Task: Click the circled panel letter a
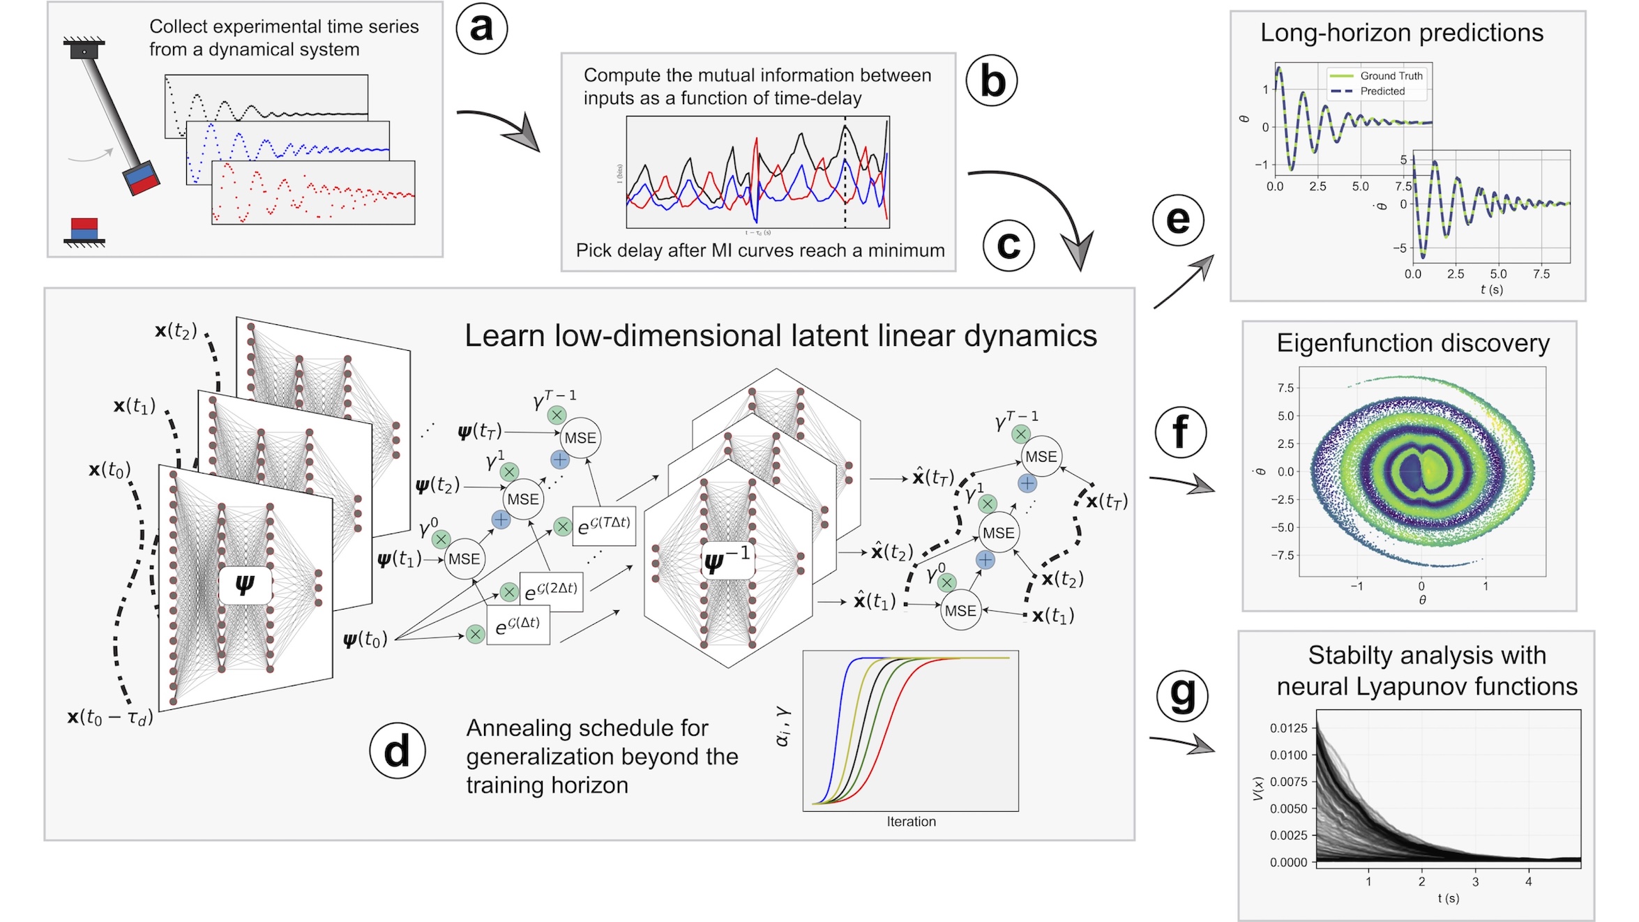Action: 481,29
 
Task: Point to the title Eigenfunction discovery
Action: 1413,343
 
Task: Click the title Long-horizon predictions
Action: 1402,33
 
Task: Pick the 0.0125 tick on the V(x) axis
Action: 1288,728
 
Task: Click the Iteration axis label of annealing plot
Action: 911,822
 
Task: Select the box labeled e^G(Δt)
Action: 518,626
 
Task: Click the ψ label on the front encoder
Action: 245,584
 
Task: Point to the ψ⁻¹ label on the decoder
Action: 727,560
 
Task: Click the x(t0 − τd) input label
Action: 109,717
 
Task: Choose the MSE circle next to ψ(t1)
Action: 464,559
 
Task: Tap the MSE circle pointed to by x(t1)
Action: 960,611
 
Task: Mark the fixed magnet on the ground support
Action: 84,229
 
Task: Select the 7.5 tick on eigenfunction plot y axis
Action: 1285,388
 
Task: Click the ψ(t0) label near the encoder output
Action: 365,640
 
